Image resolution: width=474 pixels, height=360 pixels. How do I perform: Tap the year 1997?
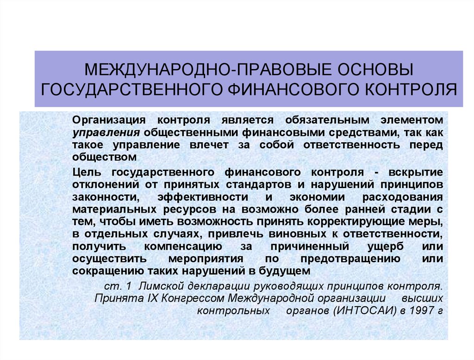click(420, 310)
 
